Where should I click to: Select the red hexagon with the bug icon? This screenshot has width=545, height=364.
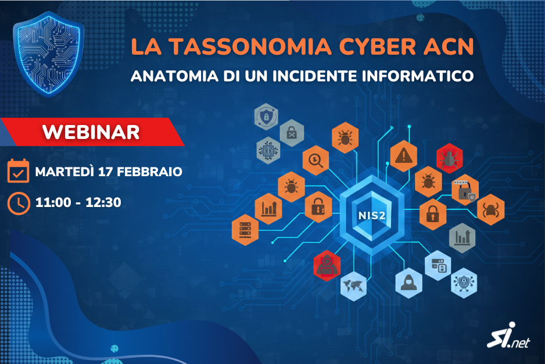449,158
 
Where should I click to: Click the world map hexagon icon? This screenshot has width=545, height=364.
353,286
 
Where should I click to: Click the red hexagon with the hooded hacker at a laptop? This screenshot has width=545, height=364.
326,265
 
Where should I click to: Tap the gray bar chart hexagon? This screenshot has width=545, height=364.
462,237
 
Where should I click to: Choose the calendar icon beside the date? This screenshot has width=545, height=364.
19,172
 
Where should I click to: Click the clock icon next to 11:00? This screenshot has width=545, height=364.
19,202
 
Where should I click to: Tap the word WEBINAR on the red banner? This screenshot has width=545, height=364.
91,131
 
